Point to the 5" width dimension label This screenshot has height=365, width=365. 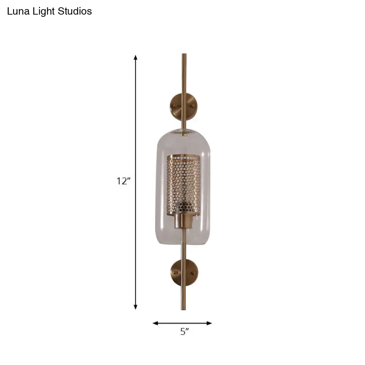184,332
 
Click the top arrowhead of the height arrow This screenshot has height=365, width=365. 135,58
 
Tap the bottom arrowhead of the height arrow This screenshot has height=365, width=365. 135,307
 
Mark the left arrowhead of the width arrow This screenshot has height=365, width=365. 155,323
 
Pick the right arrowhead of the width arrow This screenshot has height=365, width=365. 210,323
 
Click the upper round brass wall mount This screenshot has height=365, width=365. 181,105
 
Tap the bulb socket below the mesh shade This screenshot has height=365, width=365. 184,220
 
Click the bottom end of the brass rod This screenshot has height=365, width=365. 183,309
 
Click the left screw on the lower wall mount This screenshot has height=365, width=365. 175,272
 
